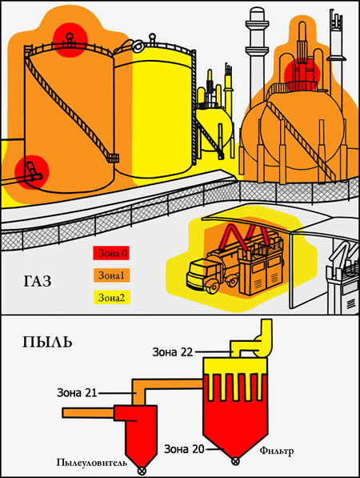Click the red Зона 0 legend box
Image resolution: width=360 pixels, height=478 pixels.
111,253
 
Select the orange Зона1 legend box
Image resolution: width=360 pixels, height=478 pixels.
111,275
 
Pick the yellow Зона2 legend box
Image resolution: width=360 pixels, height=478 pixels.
112,297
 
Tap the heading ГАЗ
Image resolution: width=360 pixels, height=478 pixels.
38,281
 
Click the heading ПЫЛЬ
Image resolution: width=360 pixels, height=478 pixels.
47,342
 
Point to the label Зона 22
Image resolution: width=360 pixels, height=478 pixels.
173,352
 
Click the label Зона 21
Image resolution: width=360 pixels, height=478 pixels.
77,392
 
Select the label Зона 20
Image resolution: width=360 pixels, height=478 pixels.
184,449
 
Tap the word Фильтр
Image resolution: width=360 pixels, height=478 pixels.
277,451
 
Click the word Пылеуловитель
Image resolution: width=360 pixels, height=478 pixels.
92,462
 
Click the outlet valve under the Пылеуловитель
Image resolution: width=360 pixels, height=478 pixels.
142,471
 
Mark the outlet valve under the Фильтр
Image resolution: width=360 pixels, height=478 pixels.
235,461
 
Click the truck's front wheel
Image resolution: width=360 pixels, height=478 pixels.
213,287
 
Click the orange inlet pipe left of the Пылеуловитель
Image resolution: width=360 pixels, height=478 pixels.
88,413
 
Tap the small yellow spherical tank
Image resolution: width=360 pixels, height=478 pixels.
214,128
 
